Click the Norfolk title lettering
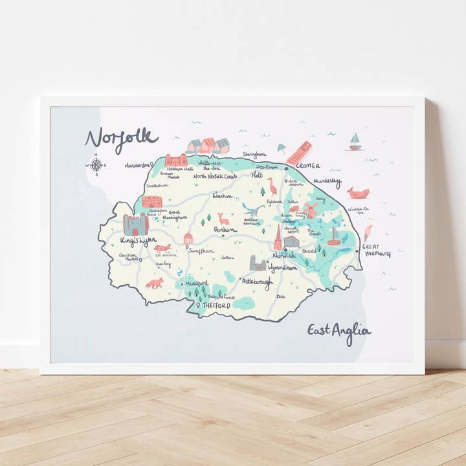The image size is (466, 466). pos(121,138)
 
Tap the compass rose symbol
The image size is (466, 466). pos(96,164)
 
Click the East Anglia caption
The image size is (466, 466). pos(338,331)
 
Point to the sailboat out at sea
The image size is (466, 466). pos(355,142)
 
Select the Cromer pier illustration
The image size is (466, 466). pos(298,153)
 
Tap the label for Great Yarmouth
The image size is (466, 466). pos(375,250)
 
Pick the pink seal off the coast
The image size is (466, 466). pos(357,192)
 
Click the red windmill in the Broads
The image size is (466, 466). pos(310,210)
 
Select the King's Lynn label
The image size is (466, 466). pos(138,241)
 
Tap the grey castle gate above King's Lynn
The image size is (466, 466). pos(136,224)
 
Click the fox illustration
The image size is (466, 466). pos(155,283)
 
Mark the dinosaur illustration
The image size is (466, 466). pos(253,210)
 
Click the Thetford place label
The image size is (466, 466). pos(216,304)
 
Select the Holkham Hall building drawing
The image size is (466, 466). pos(176,160)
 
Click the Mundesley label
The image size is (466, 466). pos(327,183)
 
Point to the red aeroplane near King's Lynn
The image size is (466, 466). pos(162,247)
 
